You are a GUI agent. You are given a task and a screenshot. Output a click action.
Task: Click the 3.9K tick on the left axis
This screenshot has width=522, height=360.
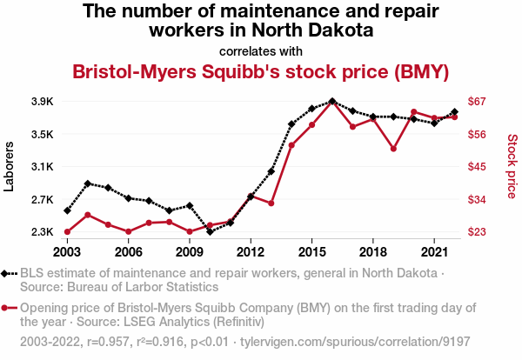coord(41,102)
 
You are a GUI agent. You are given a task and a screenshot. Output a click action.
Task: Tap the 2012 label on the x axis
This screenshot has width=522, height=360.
coord(251,251)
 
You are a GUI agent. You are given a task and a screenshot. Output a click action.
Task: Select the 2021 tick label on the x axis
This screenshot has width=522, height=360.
coord(434,251)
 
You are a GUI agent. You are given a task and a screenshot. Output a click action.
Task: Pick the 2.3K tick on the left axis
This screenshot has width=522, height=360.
coord(41,232)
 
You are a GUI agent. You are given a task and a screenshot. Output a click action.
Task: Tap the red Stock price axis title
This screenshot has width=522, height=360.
coord(512,165)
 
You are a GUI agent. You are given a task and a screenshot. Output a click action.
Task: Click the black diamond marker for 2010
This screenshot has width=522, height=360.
coord(211,231)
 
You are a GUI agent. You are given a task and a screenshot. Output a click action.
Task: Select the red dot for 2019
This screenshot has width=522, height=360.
coord(394,149)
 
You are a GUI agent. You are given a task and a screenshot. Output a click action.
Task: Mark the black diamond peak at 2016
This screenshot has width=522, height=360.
coord(332,101)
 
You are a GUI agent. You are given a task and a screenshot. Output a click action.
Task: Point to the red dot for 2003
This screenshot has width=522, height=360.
coord(67,231)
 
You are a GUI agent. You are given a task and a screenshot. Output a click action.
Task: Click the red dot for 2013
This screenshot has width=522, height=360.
coord(271,203)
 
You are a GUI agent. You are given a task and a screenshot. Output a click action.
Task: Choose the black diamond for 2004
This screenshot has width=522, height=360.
coord(88,183)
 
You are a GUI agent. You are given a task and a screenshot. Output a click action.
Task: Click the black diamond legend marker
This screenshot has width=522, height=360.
coord(10,274)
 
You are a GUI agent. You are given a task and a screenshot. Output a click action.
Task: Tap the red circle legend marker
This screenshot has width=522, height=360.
coord(10,308)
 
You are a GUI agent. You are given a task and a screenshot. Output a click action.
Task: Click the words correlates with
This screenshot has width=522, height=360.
coord(260,50)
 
